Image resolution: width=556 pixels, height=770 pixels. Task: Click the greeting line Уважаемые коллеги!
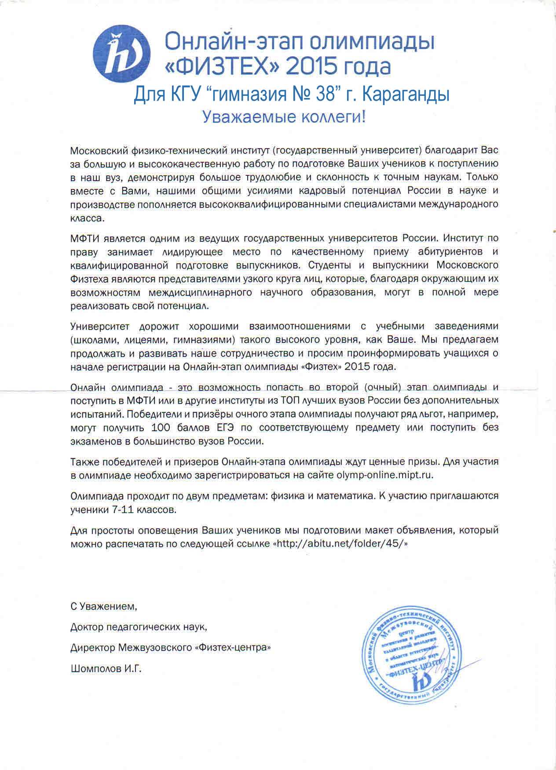coord(284,117)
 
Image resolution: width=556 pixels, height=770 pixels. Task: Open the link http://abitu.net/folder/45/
coord(340,544)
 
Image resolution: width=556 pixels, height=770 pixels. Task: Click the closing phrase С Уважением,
coord(104,607)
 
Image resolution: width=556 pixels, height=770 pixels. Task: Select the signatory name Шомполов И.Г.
coord(106,669)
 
